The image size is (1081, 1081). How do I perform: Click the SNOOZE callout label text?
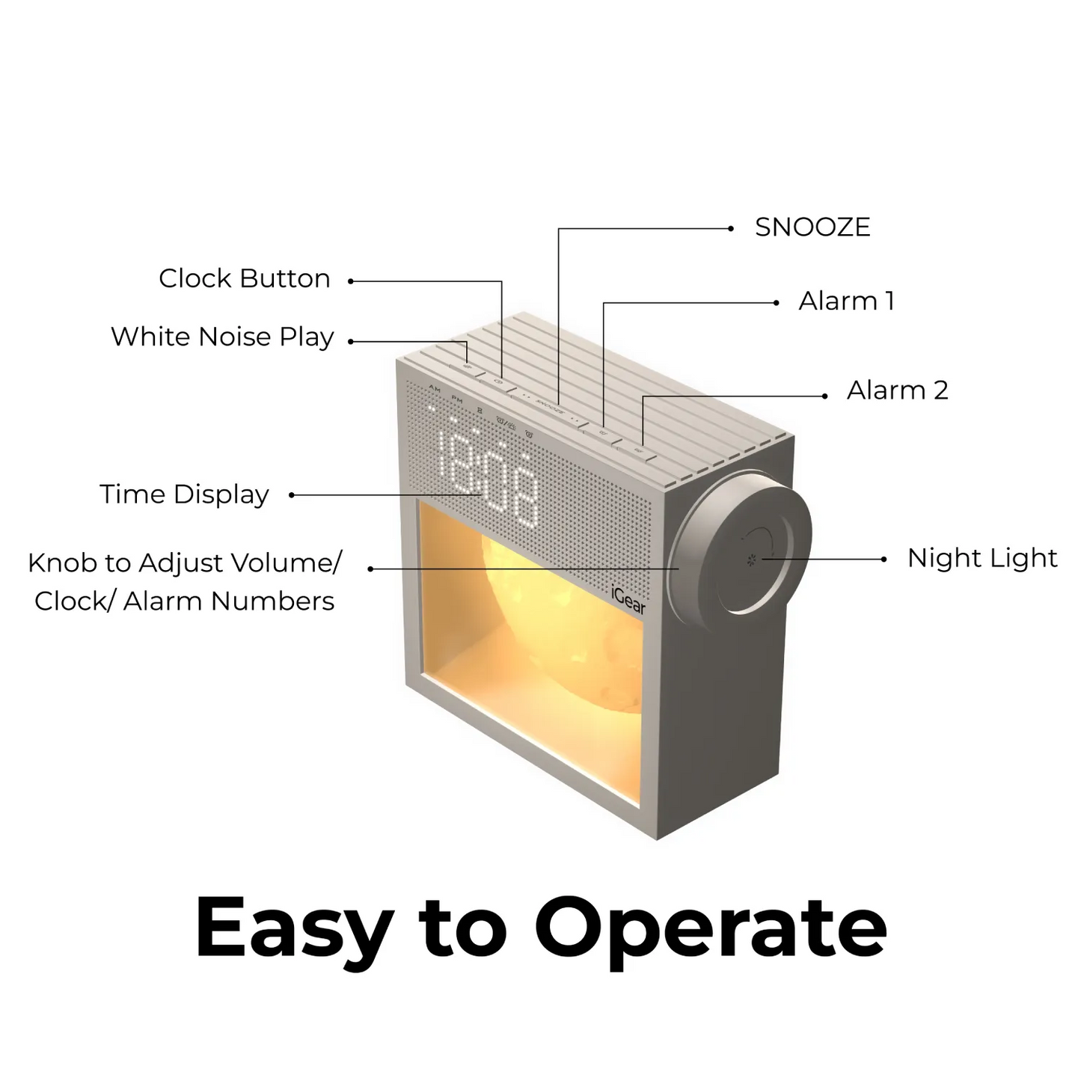(812, 227)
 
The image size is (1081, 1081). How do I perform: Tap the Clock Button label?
(245, 278)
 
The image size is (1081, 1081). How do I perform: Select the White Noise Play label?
(222, 337)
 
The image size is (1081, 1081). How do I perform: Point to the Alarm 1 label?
(846, 301)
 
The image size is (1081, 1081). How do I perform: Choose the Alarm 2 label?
(898, 390)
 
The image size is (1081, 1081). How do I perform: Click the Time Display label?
(184, 494)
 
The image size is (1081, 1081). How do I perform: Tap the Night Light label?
(982, 558)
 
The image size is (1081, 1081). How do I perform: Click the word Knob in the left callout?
(61, 563)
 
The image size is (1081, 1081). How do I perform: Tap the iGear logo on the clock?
(628, 599)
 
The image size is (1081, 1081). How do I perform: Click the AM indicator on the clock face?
(434, 388)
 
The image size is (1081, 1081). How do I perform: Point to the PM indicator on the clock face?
(457, 399)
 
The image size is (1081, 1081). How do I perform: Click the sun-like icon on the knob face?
(752, 559)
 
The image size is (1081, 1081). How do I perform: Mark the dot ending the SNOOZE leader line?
(730, 228)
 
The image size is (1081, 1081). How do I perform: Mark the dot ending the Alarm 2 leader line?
(824, 396)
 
